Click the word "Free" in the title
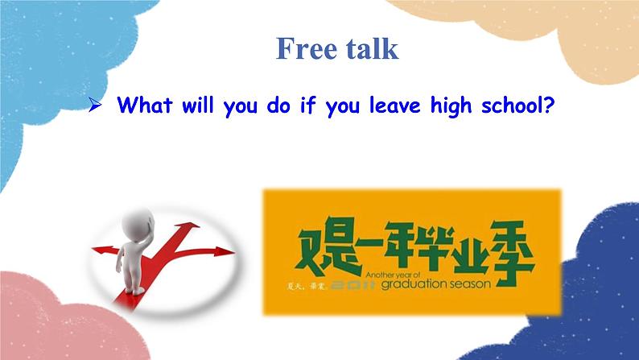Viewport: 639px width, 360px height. (x=305, y=48)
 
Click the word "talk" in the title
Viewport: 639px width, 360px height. (x=368, y=48)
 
